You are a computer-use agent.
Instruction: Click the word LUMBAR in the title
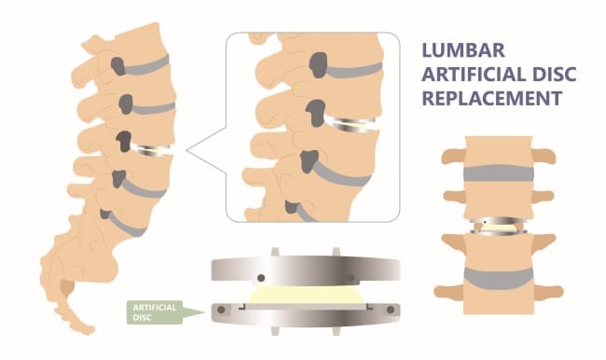463,50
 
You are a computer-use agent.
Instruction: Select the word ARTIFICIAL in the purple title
474,75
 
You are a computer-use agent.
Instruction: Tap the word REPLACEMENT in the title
491,98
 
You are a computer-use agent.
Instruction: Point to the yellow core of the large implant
305,295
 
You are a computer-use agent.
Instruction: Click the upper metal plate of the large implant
305,269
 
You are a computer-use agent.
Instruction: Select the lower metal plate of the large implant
305,315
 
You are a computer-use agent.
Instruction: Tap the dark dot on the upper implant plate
261,278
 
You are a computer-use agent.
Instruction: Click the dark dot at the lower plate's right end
391,310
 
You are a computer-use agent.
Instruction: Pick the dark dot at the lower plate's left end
221,310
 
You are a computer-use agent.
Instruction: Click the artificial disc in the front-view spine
499,227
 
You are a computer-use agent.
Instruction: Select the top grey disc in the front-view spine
499,173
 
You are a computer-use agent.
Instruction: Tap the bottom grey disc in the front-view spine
499,278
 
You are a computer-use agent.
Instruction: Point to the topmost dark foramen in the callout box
319,65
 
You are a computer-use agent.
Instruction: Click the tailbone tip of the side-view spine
90,330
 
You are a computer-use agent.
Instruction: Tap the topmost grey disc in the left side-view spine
147,65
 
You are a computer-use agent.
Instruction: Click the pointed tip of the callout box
187,150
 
